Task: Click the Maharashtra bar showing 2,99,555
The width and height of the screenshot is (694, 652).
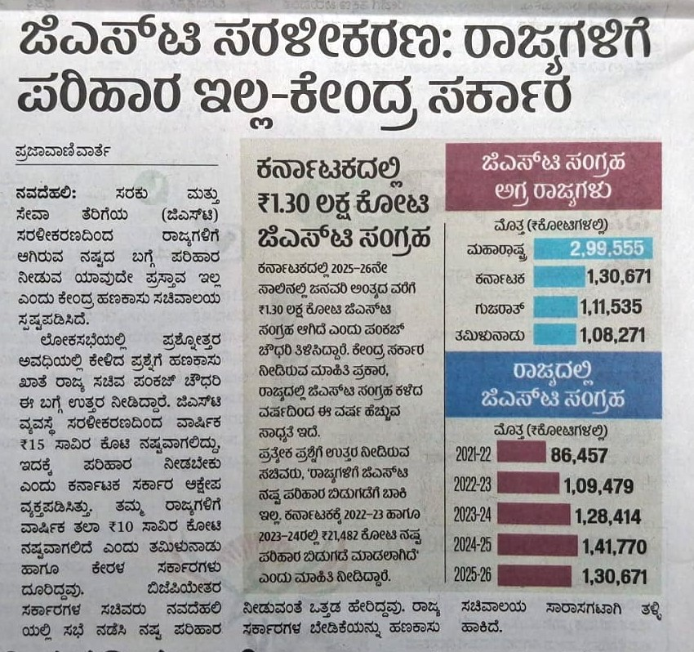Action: (x=595, y=248)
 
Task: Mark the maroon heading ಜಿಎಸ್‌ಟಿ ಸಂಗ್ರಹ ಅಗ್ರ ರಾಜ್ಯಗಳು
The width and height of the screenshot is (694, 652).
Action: (x=554, y=176)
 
